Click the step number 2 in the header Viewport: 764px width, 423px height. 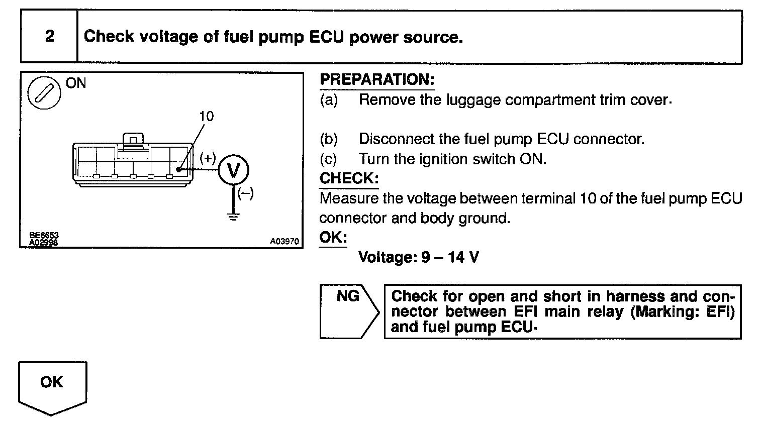49,37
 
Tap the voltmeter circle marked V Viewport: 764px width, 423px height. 233,171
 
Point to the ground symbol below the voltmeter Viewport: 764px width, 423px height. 233,216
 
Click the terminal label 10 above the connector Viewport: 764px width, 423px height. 206,117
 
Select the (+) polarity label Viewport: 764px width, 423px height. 207,158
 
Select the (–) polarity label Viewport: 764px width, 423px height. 246,193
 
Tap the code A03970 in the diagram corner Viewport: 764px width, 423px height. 284,242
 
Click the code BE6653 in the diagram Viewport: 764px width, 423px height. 44,235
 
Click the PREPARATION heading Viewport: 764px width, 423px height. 376,80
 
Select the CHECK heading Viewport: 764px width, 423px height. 349,178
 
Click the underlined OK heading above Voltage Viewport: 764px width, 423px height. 333,237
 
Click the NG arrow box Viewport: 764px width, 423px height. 348,311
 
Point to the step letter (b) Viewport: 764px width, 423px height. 329,139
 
